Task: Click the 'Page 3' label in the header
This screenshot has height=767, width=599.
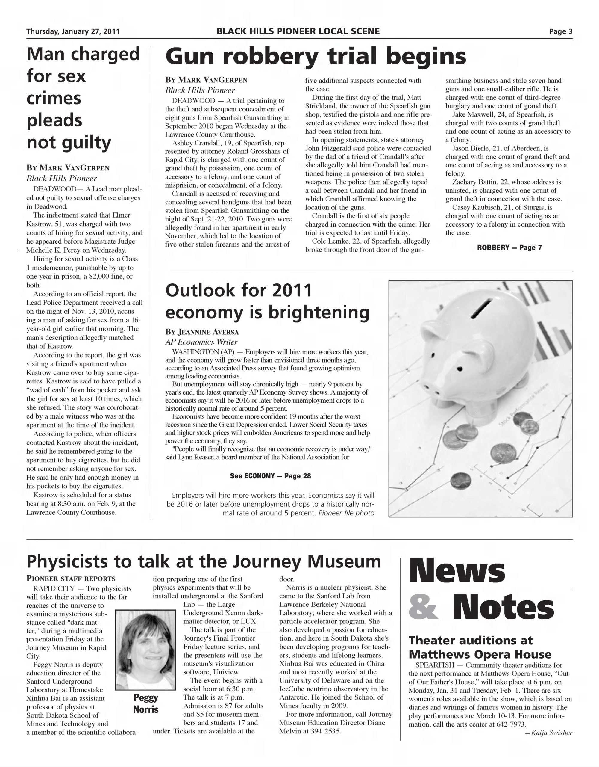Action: click(x=560, y=31)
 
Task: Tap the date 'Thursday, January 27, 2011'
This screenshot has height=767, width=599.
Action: click(x=73, y=31)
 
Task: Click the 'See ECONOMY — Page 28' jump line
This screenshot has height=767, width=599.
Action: click(x=270, y=476)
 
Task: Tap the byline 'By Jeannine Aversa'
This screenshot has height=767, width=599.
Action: click(x=202, y=332)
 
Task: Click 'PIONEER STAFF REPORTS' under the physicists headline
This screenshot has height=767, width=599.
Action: click(x=71, y=579)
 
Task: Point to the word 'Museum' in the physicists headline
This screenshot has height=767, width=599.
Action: click(x=344, y=561)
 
